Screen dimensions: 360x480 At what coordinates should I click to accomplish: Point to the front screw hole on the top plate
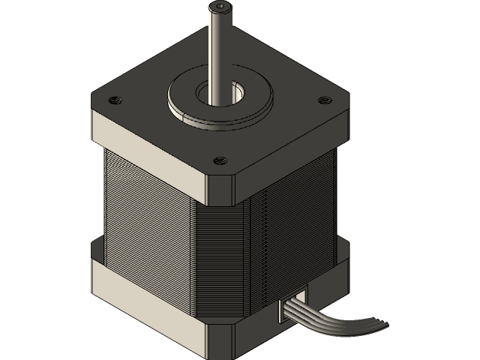(x=219, y=160)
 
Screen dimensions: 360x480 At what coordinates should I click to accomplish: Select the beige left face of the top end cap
(x=146, y=150)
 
